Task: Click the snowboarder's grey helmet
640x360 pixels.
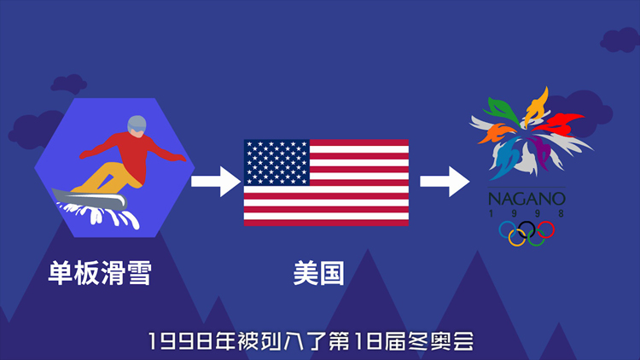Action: click(x=137, y=125)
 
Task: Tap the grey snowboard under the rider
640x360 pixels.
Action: click(x=90, y=199)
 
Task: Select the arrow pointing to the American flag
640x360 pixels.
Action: click(x=216, y=181)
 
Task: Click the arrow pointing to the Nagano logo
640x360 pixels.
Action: click(x=445, y=181)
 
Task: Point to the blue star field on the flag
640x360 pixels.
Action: click(x=276, y=162)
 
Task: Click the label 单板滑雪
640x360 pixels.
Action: click(x=100, y=273)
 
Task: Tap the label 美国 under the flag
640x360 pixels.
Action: click(x=319, y=273)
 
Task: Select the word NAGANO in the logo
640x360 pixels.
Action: click(x=527, y=199)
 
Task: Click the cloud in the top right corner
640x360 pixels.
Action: click(x=620, y=40)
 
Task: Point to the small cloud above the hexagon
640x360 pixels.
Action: click(x=68, y=84)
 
